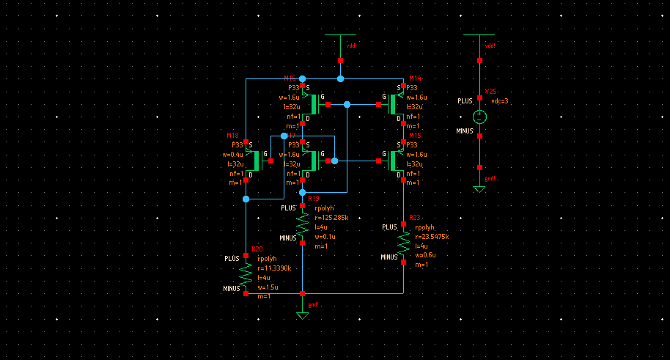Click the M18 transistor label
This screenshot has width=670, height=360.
click(x=233, y=135)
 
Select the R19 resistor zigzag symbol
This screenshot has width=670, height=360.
click(x=303, y=222)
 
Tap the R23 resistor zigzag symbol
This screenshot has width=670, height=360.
click(x=403, y=241)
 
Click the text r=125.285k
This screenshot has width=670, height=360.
click(x=331, y=218)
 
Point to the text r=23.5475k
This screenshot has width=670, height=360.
click(x=432, y=237)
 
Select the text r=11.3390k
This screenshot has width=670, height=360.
click(x=275, y=268)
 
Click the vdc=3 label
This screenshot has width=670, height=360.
click(x=499, y=101)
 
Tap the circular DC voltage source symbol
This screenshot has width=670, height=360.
click(x=479, y=116)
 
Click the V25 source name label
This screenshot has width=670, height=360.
click(x=490, y=92)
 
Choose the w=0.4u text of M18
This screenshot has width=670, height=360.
click(x=232, y=155)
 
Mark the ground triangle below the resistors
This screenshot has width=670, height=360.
click(x=302, y=315)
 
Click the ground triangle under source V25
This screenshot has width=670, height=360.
click(x=479, y=189)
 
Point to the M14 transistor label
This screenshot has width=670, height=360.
click(x=415, y=78)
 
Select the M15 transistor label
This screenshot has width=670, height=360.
click(x=415, y=135)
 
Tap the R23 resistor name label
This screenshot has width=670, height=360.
click(x=415, y=218)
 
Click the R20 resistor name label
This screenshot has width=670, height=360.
click(x=257, y=249)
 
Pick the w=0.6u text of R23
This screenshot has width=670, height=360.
click(x=427, y=255)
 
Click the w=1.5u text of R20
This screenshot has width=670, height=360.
click(x=268, y=287)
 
